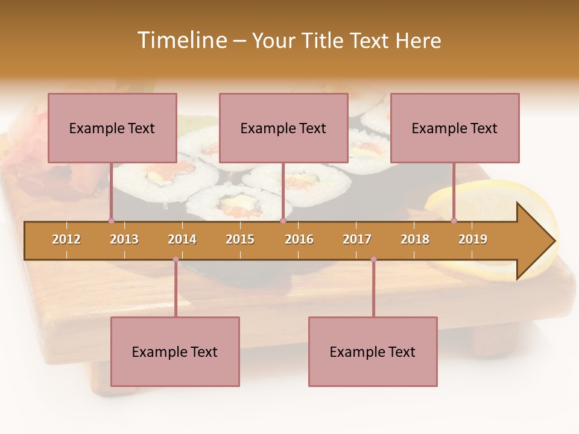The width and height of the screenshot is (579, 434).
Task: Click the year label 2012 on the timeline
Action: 66,239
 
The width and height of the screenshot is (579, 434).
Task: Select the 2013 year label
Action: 124,239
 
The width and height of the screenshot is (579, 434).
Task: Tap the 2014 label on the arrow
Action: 182,239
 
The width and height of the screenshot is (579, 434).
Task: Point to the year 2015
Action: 240,239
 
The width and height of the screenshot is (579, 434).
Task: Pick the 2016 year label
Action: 299,239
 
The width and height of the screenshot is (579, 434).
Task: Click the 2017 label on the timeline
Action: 357,239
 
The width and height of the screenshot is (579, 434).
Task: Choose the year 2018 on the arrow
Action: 415,239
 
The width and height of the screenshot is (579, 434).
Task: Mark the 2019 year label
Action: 473,239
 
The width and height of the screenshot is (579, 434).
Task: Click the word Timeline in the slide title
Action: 181,40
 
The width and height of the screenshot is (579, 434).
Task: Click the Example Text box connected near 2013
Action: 112,128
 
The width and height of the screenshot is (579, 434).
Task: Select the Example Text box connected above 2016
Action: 283,128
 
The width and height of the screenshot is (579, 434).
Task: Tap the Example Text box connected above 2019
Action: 455,128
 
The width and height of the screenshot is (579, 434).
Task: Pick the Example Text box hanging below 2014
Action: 175,351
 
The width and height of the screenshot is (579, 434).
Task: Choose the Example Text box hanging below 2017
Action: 373,351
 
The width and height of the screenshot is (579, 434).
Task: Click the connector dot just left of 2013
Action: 111,221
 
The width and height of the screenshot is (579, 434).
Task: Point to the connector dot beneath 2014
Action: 176,259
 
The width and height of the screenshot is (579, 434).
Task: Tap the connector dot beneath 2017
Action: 373,259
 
